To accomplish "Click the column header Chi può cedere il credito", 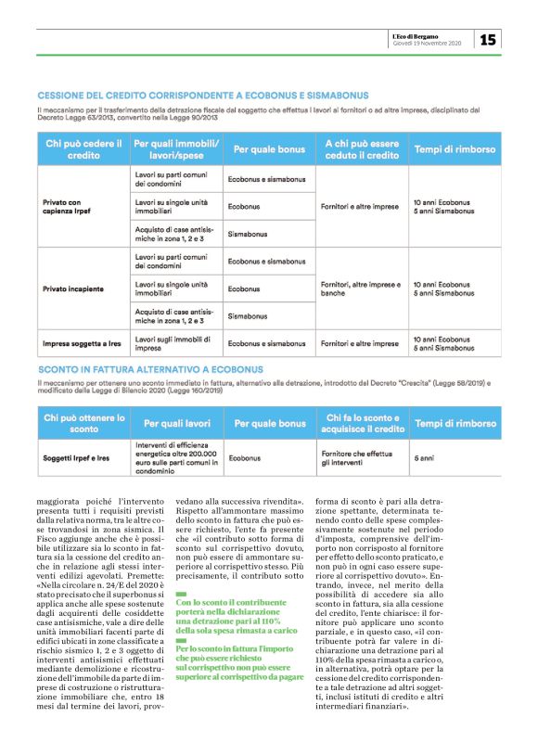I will point(83,149).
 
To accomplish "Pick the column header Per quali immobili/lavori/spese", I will point(176,149).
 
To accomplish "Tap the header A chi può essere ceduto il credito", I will point(360,149).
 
